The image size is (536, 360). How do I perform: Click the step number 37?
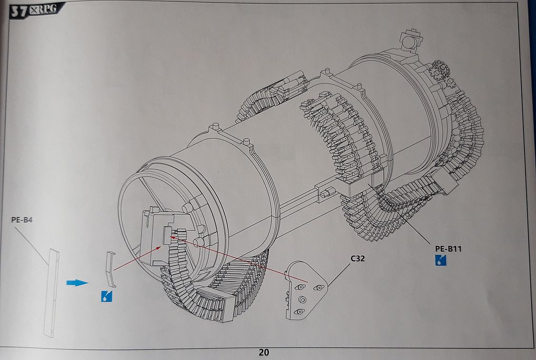tap(19, 11)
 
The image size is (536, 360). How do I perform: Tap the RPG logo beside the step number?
tap(43, 9)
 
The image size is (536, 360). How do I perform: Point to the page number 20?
tap(264, 352)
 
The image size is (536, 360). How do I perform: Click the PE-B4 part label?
tap(22, 220)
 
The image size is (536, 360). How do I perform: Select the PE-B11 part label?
tap(448, 249)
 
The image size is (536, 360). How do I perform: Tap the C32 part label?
tap(358, 258)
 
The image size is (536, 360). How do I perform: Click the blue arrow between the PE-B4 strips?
tap(77, 283)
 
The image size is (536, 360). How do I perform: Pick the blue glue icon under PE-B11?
tap(441, 261)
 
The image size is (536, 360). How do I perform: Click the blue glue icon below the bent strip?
tap(107, 296)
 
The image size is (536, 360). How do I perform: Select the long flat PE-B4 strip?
tap(52, 293)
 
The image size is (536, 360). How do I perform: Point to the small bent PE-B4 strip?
tap(111, 269)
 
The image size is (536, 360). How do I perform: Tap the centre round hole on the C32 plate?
tap(302, 299)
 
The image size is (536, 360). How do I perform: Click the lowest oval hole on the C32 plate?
tap(300, 312)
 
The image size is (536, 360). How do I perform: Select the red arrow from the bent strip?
tap(138, 258)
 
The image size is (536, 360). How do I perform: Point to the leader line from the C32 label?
tap(339, 275)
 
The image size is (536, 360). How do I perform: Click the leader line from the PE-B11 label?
tap(399, 214)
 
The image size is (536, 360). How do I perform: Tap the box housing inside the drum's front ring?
tap(161, 236)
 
